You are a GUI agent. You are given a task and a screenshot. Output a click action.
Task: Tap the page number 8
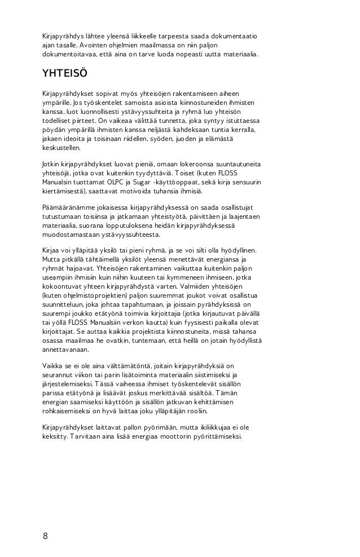45,536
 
